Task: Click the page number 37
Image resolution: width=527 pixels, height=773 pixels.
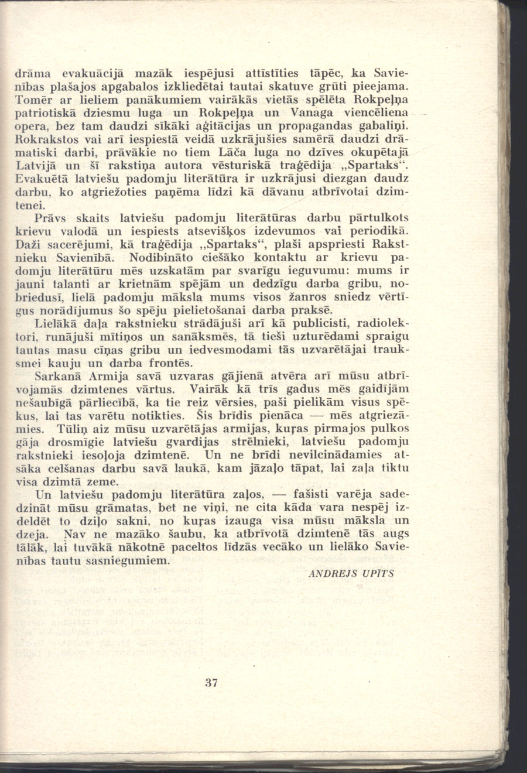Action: [x=211, y=682]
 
